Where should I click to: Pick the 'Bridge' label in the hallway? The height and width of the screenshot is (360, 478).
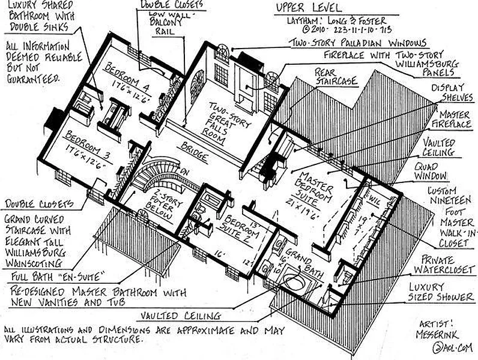point(193,151)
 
